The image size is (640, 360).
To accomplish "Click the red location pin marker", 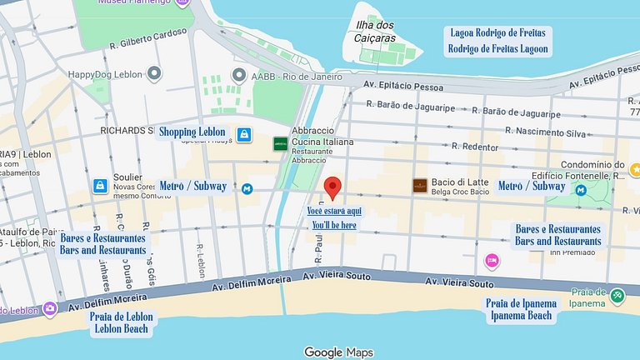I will click(332, 188).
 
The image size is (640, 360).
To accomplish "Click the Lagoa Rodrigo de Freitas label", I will click(498, 33).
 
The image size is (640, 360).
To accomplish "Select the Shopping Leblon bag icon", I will click(244, 133).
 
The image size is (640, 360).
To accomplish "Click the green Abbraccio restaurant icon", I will click(280, 143).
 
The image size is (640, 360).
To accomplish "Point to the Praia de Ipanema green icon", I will click(617, 295).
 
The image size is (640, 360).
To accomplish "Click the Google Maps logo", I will click(337, 352).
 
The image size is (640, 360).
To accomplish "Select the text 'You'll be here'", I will click(334, 225).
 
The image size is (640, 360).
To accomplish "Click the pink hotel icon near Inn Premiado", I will click(492, 261).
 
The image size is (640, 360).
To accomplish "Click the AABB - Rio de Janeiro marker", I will click(239, 75).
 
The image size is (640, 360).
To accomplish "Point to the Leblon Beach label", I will click(120, 328).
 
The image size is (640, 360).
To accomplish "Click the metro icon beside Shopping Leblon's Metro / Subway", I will click(247, 189).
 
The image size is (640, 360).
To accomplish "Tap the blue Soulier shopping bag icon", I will click(99, 186).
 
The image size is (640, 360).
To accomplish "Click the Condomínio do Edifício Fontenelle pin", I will click(635, 170).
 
